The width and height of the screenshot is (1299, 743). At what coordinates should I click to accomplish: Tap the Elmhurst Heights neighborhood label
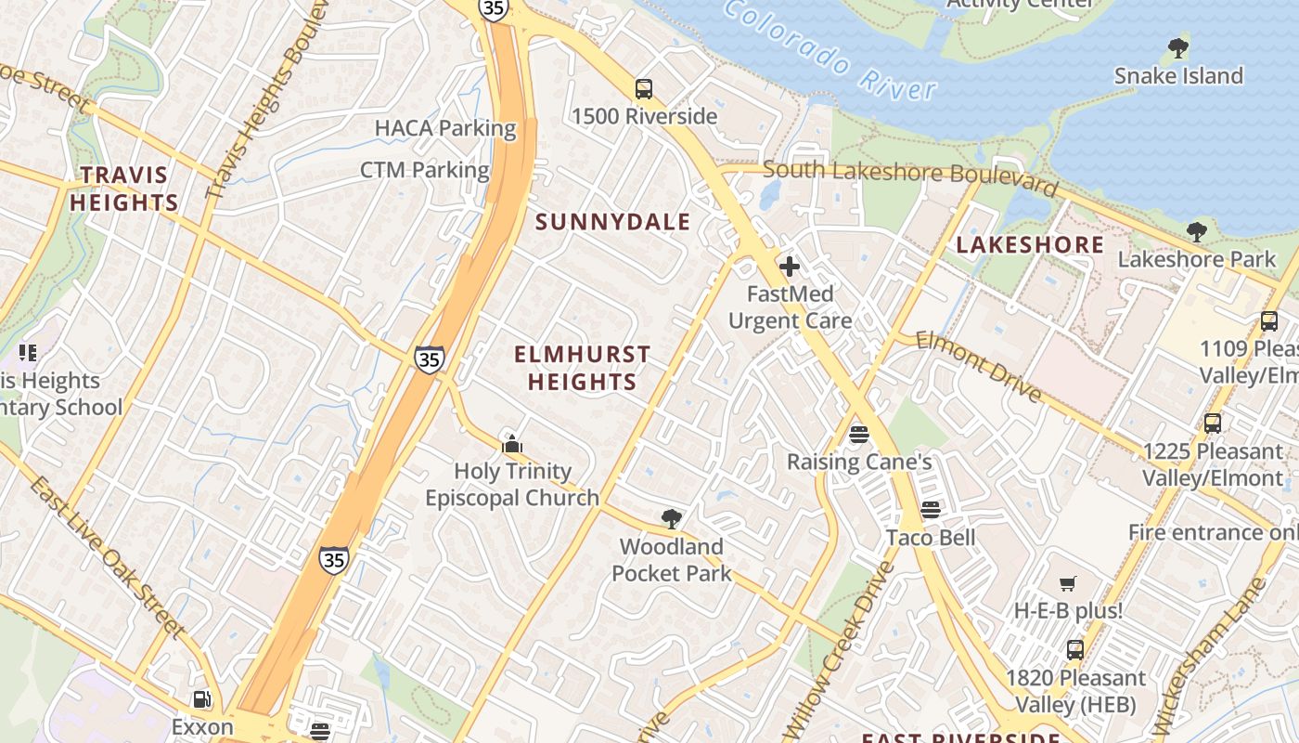click(x=582, y=368)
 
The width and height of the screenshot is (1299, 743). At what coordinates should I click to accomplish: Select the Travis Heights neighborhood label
click(x=124, y=189)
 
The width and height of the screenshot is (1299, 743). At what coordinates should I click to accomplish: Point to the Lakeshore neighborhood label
click(x=1030, y=245)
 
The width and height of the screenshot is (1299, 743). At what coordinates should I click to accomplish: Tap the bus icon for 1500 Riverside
click(x=643, y=89)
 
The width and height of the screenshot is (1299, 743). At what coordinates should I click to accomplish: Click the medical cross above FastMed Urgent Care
click(x=790, y=267)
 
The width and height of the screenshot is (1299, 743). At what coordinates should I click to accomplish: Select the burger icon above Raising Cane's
click(x=858, y=434)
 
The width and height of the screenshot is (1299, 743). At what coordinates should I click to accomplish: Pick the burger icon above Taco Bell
click(x=931, y=510)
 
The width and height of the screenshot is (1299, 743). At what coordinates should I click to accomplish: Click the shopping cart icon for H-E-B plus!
click(x=1068, y=584)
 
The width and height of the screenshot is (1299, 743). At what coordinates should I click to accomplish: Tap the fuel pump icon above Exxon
click(x=201, y=699)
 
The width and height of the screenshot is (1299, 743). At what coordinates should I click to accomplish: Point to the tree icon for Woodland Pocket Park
click(x=672, y=518)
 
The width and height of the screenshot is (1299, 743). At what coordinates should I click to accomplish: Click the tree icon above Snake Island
click(x=1178, y=46)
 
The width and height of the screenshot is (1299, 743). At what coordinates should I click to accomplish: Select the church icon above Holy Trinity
click(x=512, y=444)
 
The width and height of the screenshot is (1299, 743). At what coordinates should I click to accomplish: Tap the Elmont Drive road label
click(x=979, y=366)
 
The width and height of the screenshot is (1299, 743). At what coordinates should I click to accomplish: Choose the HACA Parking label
click(x=445, y=128)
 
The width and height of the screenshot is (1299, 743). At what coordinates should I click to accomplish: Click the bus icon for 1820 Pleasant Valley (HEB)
click(x=1075, y=650)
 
